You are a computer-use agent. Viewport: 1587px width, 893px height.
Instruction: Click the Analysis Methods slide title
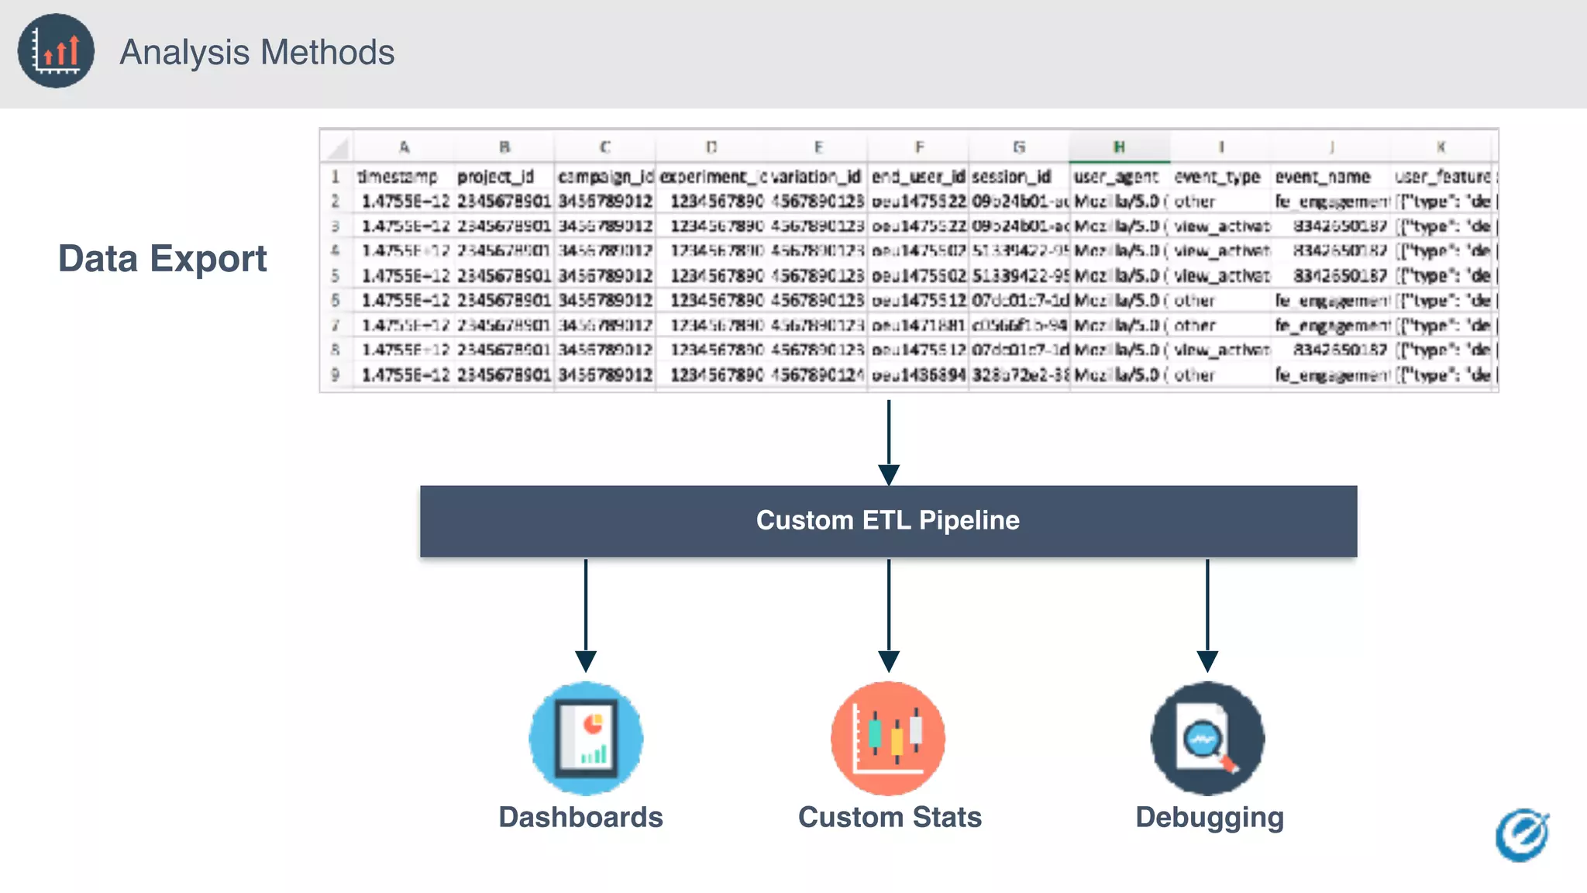tap(256, 53)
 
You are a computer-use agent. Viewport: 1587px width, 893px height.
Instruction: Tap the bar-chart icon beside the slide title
tap(56, 51)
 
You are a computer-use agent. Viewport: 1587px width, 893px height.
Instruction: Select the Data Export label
tap(163, 259)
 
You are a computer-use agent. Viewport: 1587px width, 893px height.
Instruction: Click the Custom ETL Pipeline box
tap(888, 521)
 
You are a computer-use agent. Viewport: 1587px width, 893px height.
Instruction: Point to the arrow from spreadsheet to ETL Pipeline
tap(889, 442)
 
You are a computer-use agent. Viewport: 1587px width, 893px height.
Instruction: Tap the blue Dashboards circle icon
tap(586, 738)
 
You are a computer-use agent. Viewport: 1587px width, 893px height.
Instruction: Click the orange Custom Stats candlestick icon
tap(888, 738)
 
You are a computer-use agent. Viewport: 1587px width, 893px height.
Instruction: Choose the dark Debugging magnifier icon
tap(1207, 738)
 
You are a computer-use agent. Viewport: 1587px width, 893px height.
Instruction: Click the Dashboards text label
tap(580, 817)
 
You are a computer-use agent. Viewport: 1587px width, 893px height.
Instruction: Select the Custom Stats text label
tap(890, 817)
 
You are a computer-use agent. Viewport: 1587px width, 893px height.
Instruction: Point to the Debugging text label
tap(1210, 818)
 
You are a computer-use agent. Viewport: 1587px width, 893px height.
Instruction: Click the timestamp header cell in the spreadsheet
tap(398, 177)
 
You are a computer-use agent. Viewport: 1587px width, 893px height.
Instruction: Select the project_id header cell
tap(496, 177)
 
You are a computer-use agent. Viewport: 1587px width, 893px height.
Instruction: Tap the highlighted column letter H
tap(1119, 147)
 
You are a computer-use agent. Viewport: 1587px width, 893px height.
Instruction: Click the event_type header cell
tap(1217, 177)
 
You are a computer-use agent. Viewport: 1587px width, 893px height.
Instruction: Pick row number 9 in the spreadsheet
tap(336, 374)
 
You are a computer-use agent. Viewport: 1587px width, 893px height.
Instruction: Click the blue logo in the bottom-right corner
tap(1522, 836)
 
